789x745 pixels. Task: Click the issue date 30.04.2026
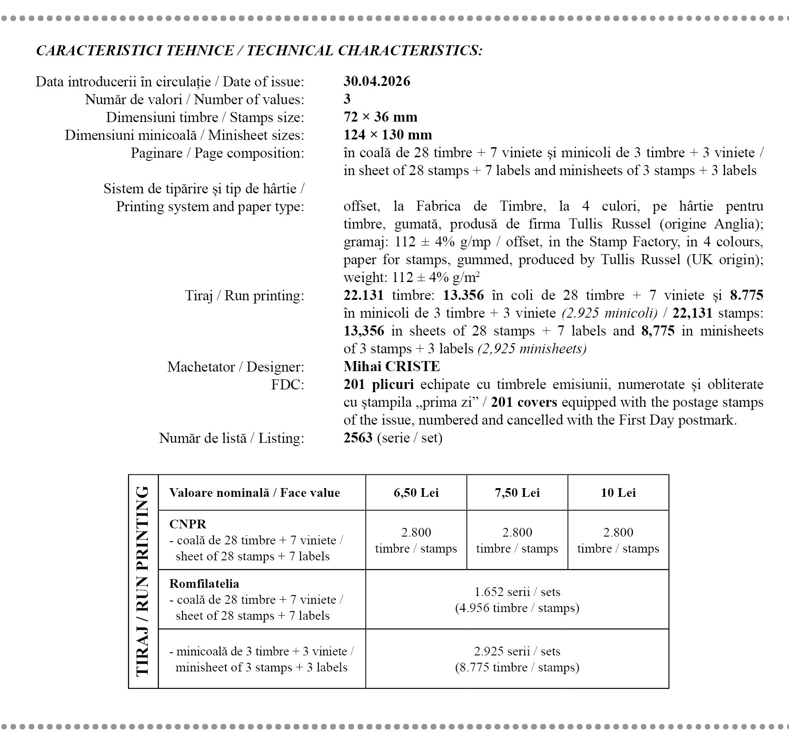(377, 81)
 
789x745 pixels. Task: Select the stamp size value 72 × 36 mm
(380, 117)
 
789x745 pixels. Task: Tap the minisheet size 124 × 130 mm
(387, 135)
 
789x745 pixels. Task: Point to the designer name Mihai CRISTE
(392, 367)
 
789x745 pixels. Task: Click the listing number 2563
(358, 438)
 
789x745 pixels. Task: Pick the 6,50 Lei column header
(416, 493)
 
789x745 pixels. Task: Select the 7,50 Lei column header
(517, 493)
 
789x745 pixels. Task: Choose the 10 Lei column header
(618, 493)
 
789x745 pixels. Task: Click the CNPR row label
(188, 524)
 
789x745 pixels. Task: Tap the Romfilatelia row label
(204, 584)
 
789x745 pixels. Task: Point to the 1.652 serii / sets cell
(517, 592)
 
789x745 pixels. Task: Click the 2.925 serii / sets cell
(517, 651)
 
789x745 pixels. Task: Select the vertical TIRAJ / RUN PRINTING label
(143, 581)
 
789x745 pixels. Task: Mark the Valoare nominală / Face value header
(254, 493)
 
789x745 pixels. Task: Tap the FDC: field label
(287, 385)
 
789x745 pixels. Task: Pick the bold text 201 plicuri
(378, 384)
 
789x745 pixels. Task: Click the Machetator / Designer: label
(236, 367)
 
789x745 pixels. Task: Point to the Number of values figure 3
(347, 99)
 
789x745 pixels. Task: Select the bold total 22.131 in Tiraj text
(363, 295)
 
